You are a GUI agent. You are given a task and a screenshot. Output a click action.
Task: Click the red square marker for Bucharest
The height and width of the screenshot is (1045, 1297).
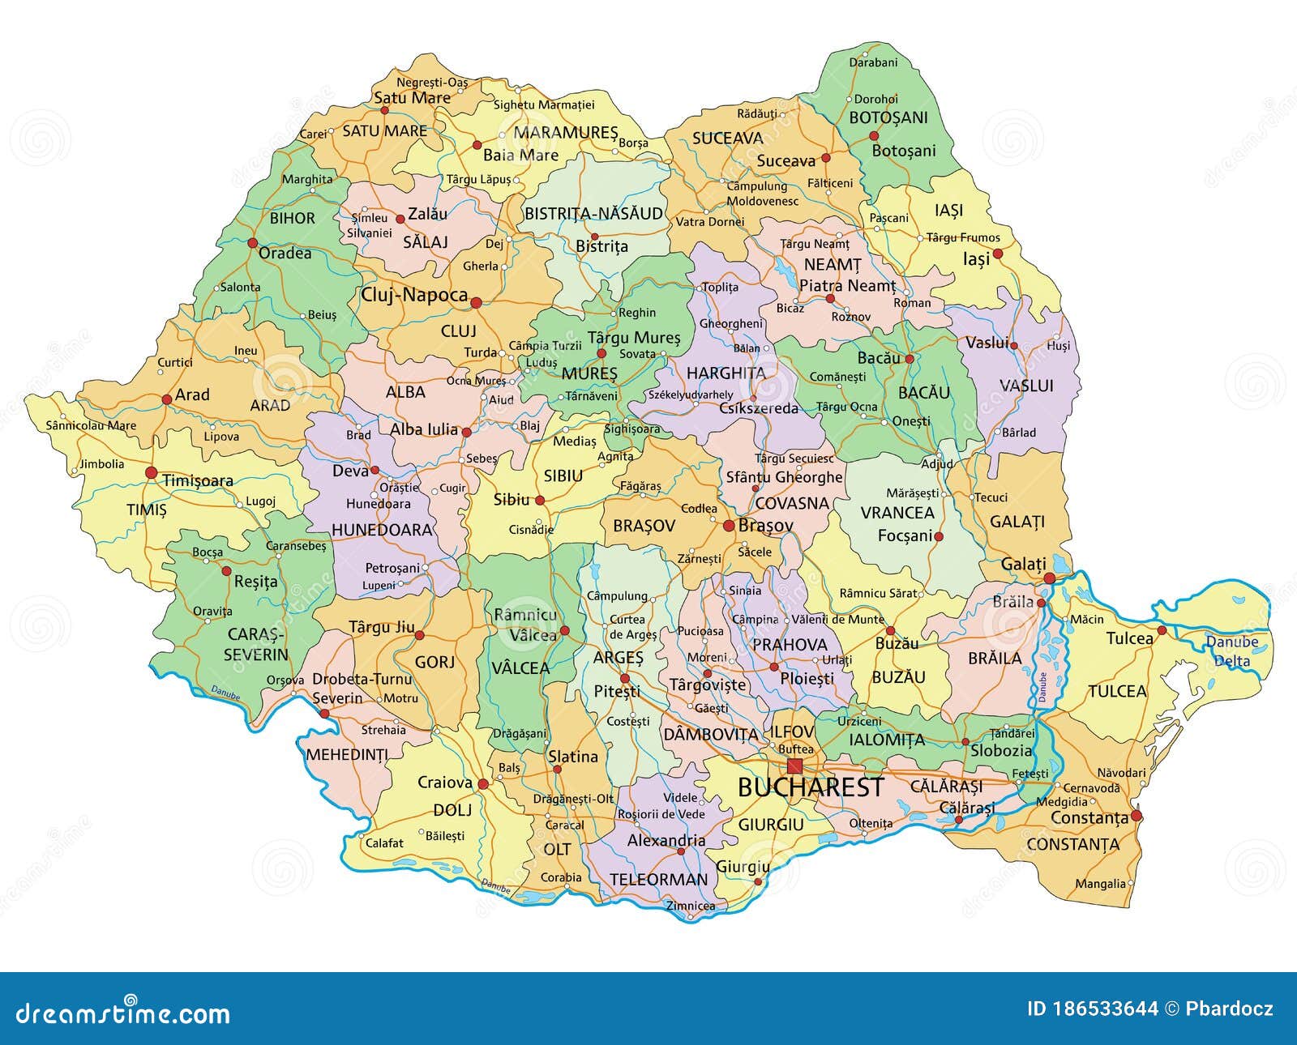(x=794, y=766)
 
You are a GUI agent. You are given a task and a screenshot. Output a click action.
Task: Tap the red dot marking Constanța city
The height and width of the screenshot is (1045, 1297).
(x=1136, y=816)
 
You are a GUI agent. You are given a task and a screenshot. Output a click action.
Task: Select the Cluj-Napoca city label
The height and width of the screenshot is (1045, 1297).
(x=414, y=296)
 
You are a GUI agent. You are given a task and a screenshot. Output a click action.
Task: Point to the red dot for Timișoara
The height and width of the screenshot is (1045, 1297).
(x=151, y=472)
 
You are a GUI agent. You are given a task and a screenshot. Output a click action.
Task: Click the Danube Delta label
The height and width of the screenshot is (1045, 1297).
(x=1231, y=651)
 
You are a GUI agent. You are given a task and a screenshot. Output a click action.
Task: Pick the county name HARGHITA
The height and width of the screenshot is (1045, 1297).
(x=726, y=373)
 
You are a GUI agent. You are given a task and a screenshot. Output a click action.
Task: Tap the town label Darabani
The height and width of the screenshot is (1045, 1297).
(x=873, y=62)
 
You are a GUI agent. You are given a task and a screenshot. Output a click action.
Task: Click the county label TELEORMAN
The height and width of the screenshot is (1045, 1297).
(x=658, y=879)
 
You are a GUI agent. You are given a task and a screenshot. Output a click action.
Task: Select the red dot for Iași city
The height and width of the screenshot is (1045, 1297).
(x=998, y=254)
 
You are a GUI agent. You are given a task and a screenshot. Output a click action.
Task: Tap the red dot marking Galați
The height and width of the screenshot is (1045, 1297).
(x=1050, y=578)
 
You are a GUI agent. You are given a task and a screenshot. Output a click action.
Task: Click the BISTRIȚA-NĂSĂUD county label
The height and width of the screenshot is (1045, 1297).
(x=593, y=214)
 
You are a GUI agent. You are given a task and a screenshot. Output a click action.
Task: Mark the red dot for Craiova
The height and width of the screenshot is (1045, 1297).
(x=483, y=784)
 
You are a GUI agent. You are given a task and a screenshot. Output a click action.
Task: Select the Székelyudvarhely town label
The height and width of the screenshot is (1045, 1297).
(x=690, y=395)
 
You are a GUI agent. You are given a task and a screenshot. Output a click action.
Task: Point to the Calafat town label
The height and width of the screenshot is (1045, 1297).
(x=384, y=842)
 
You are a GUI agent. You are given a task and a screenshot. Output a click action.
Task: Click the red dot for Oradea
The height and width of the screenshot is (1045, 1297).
(x=252, y=242)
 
